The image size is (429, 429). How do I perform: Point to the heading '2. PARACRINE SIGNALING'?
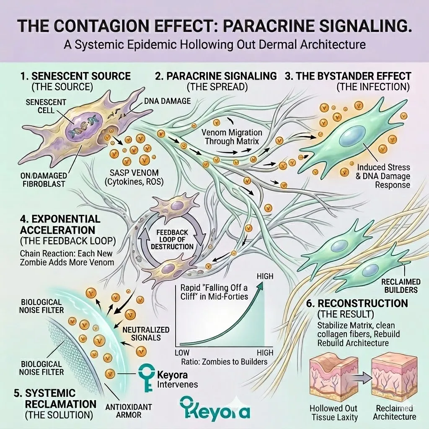click(x=216, y=76)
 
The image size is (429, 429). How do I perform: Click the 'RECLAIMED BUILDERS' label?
click(x=400, y=285)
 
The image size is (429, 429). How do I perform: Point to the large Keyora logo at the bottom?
click(x=214, y=409)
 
